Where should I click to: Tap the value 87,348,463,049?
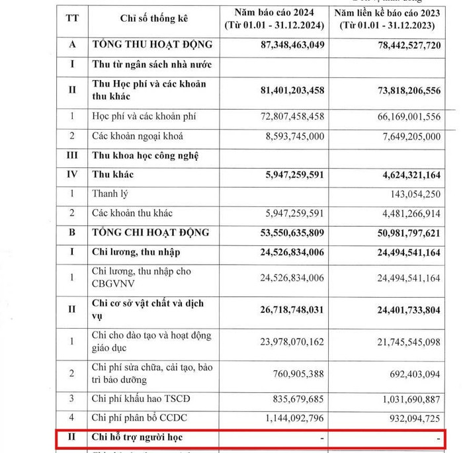(x=288, y=46)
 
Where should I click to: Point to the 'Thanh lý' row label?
(x=110, y=194)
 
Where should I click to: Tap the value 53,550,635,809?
(x=288, y=233)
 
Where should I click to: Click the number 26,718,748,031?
(x=288, y=310)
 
